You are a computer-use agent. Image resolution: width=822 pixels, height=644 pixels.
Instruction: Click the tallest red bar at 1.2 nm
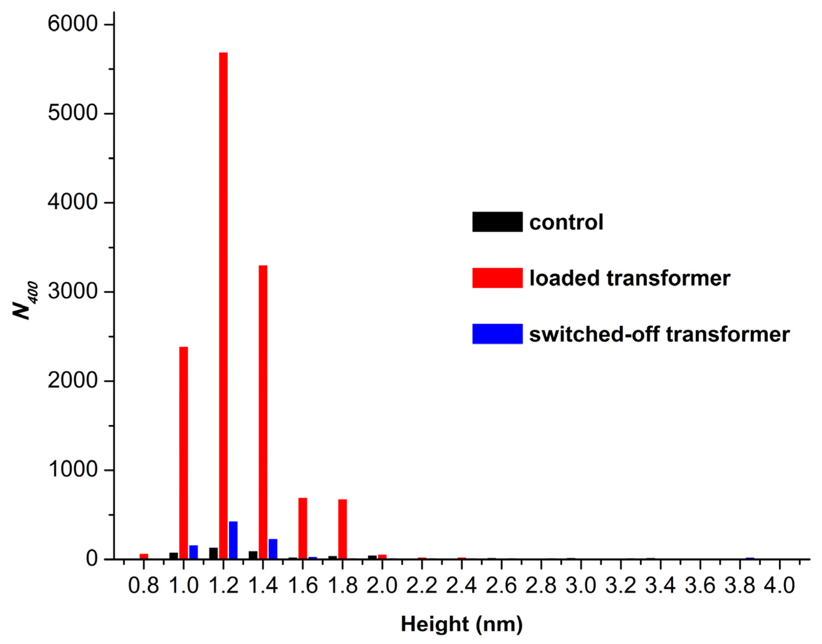[x=223, y=306]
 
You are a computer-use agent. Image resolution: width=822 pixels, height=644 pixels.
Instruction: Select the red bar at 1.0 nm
[x=184, y=452]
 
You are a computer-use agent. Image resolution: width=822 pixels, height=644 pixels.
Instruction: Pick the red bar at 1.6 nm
[x=303, y=528]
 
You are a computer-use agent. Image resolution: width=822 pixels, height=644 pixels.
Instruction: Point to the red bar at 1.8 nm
[x=342, y=528]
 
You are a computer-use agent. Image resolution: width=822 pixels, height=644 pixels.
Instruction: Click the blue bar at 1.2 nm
[x=233, y=540]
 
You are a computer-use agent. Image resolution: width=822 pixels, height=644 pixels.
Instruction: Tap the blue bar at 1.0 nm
[x=194, y=552]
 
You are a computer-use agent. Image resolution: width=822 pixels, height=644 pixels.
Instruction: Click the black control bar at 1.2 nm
[x=214, y=553]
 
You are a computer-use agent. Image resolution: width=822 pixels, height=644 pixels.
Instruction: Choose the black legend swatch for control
[x=497, y=222]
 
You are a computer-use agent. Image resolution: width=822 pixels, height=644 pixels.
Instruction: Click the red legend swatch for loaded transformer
[x=497, y=278]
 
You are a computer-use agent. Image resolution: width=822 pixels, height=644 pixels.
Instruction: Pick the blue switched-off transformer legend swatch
[x=497, y=334]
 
